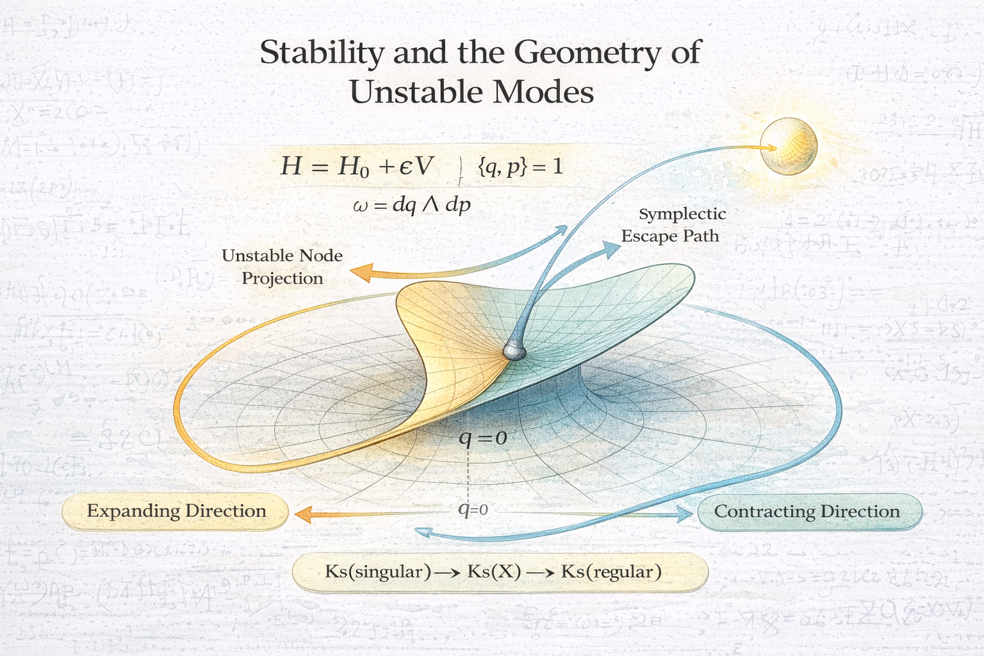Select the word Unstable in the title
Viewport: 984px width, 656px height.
pos(410,92)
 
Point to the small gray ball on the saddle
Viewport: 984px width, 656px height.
pos(513,350)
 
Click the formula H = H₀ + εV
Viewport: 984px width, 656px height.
pos(357,167)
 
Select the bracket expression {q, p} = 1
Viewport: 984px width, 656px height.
pos(520,167)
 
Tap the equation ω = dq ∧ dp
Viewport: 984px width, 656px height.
pos(412,205)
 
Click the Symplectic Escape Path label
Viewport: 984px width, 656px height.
pos(671,225)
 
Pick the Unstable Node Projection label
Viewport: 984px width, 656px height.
pos(282,266)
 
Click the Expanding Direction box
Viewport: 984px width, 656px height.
pos(176,511)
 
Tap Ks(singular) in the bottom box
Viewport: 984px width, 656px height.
pos(378,571)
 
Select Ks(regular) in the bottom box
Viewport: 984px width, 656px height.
pos(611,571)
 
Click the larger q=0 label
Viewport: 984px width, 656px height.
pos(482,438)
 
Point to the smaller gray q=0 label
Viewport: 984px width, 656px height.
pos(473,510)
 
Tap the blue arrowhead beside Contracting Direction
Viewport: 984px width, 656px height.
pos(685,513)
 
